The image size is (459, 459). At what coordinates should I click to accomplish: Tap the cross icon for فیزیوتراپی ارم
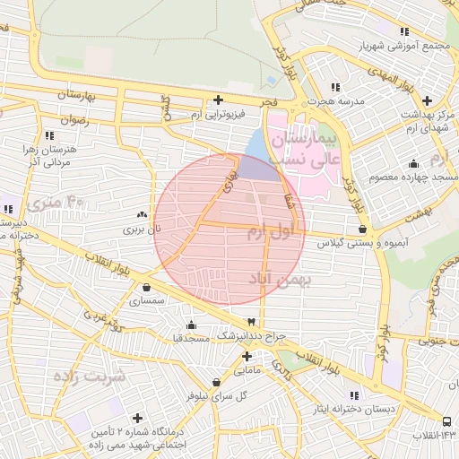[217, 100]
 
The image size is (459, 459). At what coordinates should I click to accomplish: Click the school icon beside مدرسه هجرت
[335, 87]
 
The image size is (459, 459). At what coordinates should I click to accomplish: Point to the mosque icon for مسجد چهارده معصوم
[412, 164]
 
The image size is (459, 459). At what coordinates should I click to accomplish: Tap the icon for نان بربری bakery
[142, 215]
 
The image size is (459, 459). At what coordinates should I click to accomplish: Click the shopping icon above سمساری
[146, 287]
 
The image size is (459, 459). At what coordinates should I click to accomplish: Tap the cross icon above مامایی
[246, 355]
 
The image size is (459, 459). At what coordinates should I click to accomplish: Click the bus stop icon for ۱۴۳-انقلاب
[446, 420]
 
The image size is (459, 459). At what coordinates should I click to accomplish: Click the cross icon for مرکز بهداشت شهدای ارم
[427, 100]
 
